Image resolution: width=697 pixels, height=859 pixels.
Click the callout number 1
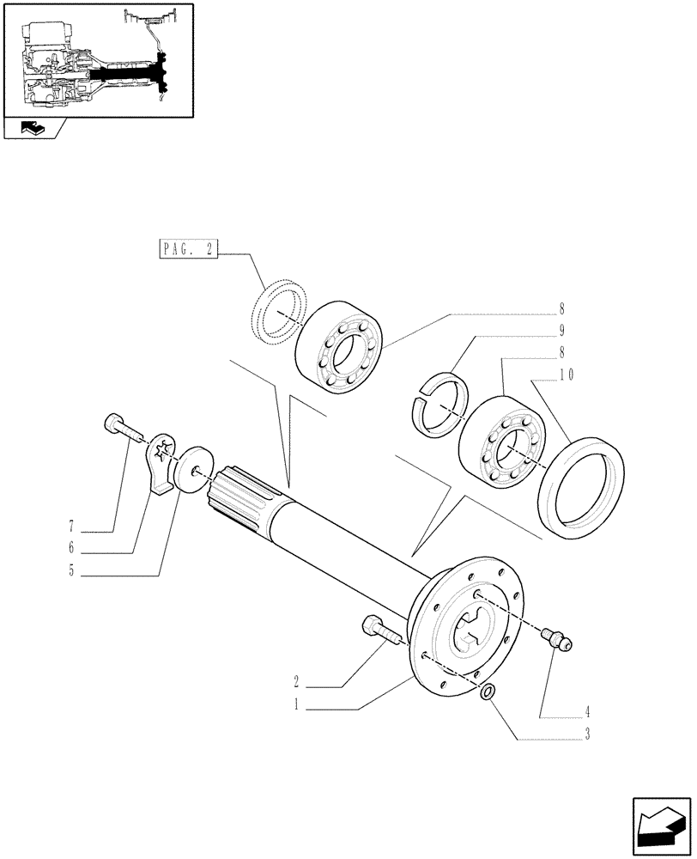click(x=295, y=708)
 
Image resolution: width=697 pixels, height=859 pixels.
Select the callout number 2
click(x=295, y=684)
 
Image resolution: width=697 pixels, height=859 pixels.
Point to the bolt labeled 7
click(x=120, y=426)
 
